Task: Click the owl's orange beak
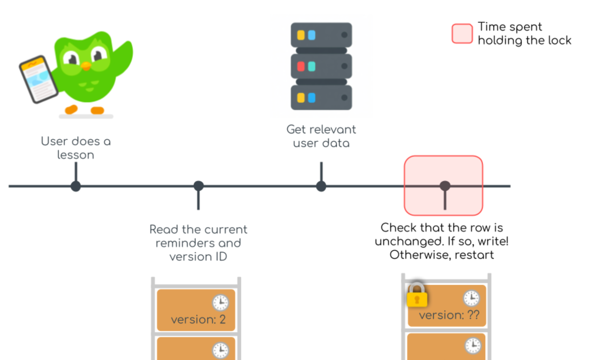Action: [86, 66]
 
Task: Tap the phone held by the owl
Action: [38, 79]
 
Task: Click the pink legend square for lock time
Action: [462, 34]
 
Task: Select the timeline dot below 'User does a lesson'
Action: [76, 186]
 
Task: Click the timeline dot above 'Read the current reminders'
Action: [198, 186]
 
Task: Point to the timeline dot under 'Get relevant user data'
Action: [321, 186]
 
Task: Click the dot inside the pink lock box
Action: [445, 186]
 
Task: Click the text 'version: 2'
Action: [198, 320]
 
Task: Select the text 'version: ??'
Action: [449, 315]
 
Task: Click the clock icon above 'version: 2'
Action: [220, 302]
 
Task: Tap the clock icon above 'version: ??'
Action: [472, 298]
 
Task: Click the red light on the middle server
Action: [301, 66]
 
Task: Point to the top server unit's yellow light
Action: [301, 35]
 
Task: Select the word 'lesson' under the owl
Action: [76, 155]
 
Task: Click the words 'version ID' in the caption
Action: [198, 257]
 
